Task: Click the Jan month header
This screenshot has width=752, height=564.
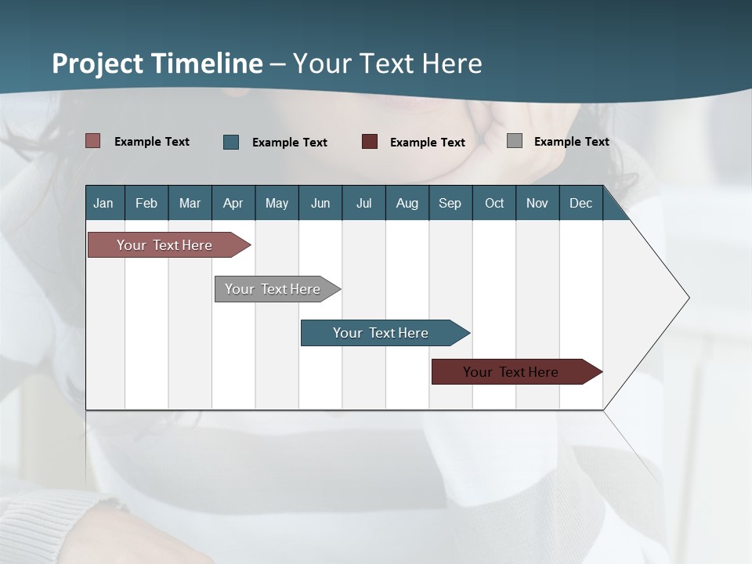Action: (103, 203)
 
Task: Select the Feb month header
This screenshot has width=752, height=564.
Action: (146, 203)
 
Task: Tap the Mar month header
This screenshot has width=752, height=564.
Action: (190, 203)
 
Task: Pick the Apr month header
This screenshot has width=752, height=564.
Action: (233, 203)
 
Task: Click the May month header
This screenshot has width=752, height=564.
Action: (277, 203)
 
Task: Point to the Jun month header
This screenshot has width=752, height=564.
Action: (320, 203)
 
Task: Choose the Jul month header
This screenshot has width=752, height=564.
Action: (363, 203)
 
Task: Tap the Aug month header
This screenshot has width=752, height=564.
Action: (407, 203)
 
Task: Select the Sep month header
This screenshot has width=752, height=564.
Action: (450, 203)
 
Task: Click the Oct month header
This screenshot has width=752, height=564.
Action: (494, 203)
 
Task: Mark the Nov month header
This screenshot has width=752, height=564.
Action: (537, 203)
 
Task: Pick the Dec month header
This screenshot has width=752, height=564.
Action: (581, 203)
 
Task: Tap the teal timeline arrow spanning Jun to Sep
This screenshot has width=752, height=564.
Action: (381, 333)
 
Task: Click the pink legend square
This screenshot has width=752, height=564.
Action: (93, 141)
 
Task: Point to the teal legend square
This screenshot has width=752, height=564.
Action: (231, 142)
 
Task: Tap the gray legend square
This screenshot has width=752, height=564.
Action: (515, 141)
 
